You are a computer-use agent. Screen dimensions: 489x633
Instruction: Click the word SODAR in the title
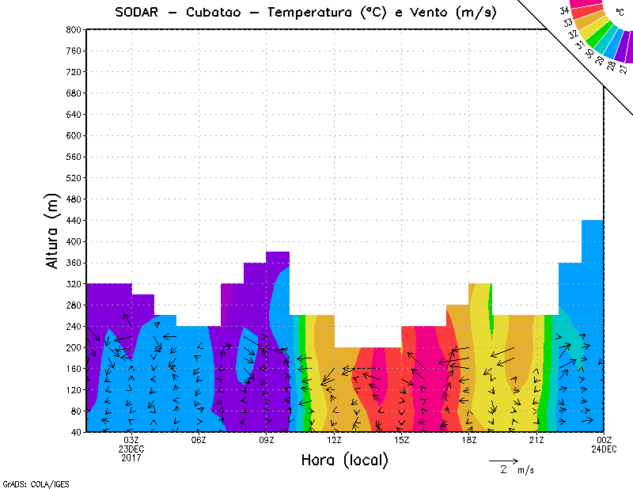click(x=139, y=13)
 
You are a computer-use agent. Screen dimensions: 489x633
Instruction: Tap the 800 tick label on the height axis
click(x=71, y=29)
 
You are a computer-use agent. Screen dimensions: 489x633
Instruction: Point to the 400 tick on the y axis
click(x=71, y=241)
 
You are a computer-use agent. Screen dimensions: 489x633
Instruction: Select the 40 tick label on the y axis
click(x=74, y=432)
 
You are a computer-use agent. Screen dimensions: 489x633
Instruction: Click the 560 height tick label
click(x=71, y=157)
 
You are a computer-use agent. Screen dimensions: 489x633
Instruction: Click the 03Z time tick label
click(x=131, y=440)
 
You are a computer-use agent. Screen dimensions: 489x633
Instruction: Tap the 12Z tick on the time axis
click(x=334, y=440)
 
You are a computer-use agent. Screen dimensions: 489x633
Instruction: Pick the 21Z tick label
click(x=536, y=440)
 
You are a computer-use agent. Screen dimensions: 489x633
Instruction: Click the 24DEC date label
click(x=604, y=449)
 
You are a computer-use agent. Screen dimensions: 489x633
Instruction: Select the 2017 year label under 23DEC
click(x=131, y=457)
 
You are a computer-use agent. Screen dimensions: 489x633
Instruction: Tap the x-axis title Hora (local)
click(x=343, y=461)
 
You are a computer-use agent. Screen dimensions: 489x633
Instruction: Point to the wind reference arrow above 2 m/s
click(x=503, y=460)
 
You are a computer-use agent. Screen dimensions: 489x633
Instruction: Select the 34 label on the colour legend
click(x=564, y=10)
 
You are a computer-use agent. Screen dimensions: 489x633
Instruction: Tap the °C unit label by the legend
click(x=620, y=12)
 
